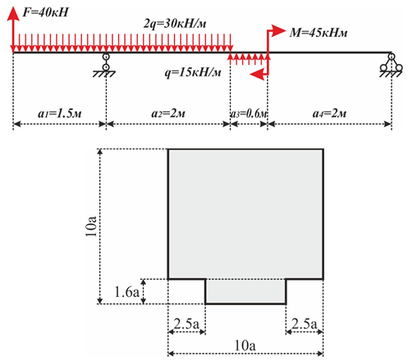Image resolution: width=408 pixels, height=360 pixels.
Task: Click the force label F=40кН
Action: pos(45,12)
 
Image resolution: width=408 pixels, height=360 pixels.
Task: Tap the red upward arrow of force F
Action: pos(13,30)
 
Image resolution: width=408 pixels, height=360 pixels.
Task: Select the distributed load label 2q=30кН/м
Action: pos(175,24)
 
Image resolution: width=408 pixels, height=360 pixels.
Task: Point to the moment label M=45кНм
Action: pos(319,33)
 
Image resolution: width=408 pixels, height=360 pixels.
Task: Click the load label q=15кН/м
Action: pos(193,73)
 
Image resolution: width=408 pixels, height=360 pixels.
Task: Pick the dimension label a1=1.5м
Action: pos(60,113)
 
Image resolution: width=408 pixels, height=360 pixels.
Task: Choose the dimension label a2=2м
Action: pos(168,113)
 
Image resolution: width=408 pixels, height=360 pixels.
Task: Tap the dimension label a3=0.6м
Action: pos(249,113)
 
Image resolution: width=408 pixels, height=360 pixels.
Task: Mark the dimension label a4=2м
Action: pos(329,113)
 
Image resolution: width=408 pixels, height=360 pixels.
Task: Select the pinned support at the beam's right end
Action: pos(392,66)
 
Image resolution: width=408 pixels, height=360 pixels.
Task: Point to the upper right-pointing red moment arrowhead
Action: pos(278,30)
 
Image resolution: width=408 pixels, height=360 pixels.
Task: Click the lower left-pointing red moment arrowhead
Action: pos(257,74)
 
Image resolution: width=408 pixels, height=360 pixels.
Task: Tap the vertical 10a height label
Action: pos(91,226)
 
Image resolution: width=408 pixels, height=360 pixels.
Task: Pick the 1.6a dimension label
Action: pos(127,292)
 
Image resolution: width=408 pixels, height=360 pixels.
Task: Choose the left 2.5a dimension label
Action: pos(186,324)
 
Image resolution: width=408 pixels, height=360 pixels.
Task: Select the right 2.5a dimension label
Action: pos(305,324)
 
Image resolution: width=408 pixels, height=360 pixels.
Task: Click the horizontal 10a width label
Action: pos(245,346)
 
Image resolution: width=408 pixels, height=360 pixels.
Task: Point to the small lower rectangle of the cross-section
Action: pos(245,291)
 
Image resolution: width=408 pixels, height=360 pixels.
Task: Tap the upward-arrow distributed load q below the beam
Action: pos(249,59)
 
